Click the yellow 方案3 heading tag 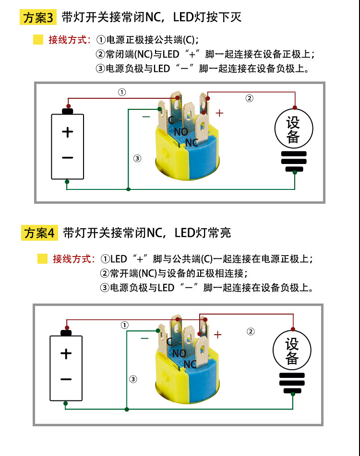(x=39, y=18)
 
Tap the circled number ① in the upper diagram (x=122, y=92)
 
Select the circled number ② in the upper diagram (x=249, y=98)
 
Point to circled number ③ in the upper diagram (x=137, y=159)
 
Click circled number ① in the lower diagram (x=125, y=325)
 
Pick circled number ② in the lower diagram (x=251, y=331)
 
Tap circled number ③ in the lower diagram (x=133, y=379)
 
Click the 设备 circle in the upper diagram (x=293, y=129)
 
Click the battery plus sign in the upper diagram (x=68, y=132)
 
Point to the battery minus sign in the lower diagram (x=66, y=379)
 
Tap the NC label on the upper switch (x=192, y=142)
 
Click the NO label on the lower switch (x=179, y=353)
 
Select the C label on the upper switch (x=171, y=120)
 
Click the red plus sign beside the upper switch (x=219, y=113)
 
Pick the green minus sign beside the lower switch (x=144, y=338)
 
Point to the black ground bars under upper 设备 (x=294, y=161)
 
